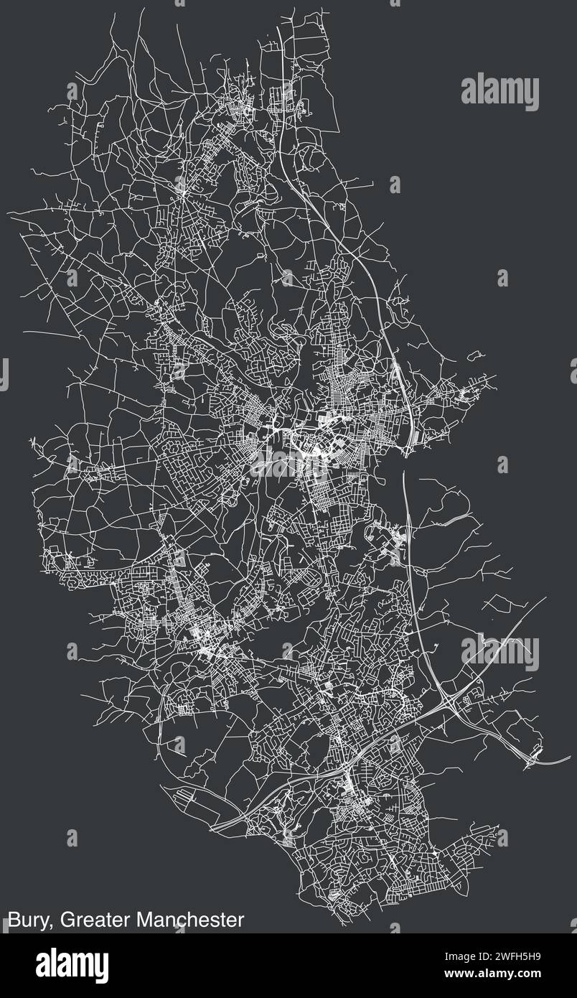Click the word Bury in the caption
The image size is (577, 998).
[x=28, y=920]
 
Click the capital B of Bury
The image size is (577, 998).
[x=14, y=920]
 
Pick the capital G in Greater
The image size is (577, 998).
[x=67, y=920]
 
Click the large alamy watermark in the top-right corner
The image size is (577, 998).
[x=499, y=92]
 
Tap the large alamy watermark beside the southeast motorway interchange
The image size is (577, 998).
[x=499, y=652]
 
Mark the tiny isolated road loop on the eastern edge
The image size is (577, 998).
[x=474, y=355]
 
